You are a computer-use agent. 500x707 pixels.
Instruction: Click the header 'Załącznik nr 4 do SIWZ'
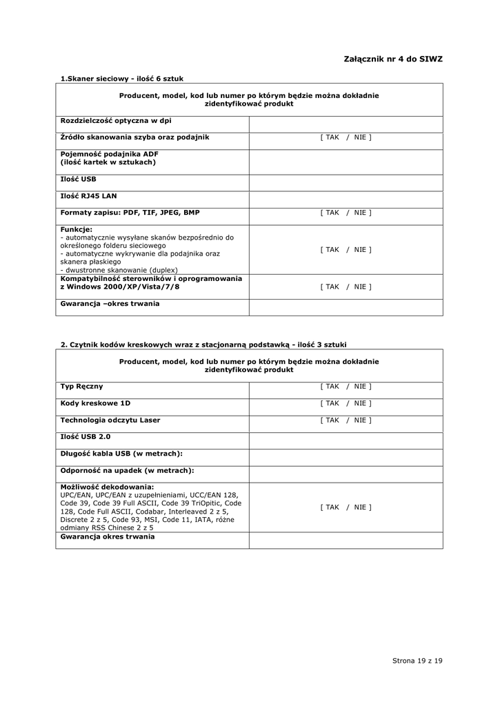point(392,59)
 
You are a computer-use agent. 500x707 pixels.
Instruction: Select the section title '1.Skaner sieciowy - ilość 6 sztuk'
point(121,79)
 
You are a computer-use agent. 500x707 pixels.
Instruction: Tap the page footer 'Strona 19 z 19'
point(417,661)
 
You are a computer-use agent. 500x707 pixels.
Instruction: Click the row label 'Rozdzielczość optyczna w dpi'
point(116,121)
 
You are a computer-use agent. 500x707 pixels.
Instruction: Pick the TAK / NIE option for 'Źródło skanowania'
point(346,137)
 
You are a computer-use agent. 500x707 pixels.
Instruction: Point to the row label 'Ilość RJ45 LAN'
point(89,195)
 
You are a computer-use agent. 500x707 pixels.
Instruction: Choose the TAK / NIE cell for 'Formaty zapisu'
point(346,213)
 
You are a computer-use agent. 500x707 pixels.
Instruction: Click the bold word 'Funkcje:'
point(76,229)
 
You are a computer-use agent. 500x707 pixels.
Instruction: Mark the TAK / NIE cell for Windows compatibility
point(346,287)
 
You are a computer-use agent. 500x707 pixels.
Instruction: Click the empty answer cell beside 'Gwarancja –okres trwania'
point(346,307)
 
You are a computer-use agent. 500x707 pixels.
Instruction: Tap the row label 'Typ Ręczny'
point(82,387)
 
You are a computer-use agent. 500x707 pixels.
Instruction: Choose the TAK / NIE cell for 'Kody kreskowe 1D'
point(346,403)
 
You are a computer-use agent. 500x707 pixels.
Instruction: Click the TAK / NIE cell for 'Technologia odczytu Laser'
point(346,420)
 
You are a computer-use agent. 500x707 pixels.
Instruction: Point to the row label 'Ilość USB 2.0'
point(86,436)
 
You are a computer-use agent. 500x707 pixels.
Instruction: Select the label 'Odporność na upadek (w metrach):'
point(127,470)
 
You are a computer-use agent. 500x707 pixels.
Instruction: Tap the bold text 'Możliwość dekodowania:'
point(107,487)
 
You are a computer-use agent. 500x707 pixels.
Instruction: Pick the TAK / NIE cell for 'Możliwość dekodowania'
point(346,507)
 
